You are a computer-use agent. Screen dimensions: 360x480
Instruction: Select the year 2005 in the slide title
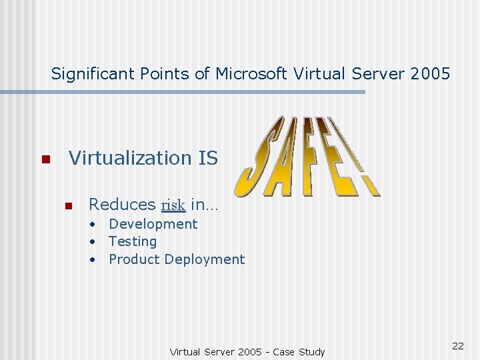coord(431,73)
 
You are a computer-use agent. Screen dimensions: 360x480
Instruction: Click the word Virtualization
coord(131,158)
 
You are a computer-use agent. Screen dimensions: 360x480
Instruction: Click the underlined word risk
coord(173,205)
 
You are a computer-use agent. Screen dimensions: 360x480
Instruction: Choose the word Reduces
coord(121,204)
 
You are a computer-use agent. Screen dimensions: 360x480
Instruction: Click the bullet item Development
coord(153,224)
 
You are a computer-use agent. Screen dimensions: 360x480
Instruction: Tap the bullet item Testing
coord(133,241)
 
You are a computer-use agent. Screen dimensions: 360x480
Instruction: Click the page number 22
coord(457,345)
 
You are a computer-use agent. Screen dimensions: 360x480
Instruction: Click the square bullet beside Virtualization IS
coord(45,160)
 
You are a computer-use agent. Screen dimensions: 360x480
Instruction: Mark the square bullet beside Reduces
coord(67,206)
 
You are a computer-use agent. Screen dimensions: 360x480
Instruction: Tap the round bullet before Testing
coord(95,242)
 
